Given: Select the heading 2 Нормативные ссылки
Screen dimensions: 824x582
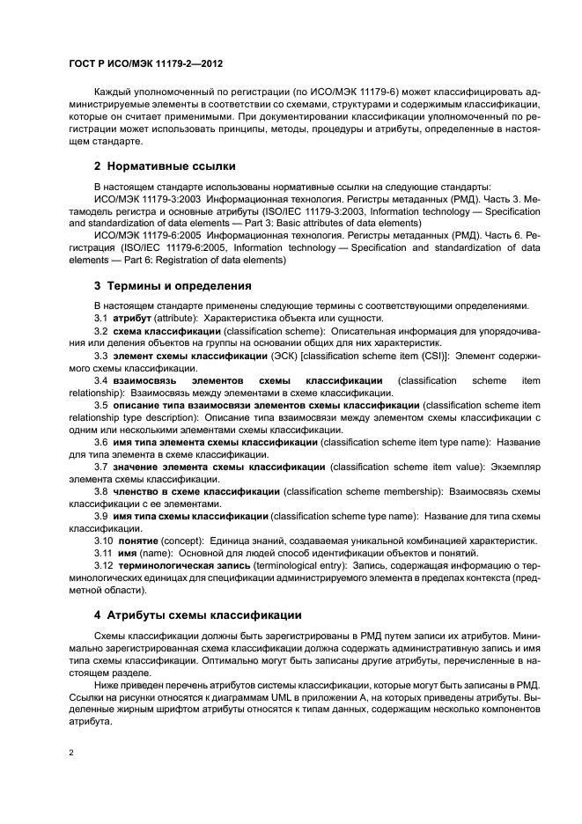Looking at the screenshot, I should tap(165, 166).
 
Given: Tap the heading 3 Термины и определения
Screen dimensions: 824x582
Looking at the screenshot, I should tap(173, 285).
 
